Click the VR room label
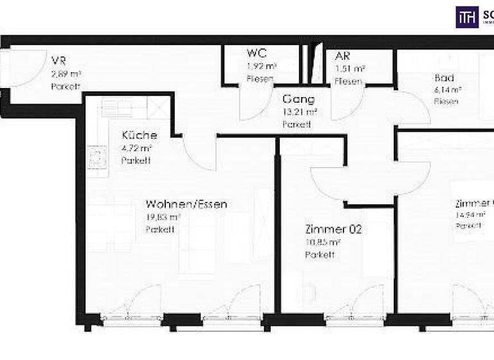point(59,61)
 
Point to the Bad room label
point(445,78)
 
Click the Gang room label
point(298,100)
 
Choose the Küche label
point(140,136)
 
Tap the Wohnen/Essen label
point(186,204)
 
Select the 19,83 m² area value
point(163,217)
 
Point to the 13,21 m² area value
point(300,113)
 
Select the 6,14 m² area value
point(448,90)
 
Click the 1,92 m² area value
point(262,66)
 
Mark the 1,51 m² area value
point(350,67)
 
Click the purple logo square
point(467,17)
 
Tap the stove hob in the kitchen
point(97,157)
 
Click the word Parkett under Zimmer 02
point(320,255)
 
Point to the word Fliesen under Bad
point(446,102)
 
